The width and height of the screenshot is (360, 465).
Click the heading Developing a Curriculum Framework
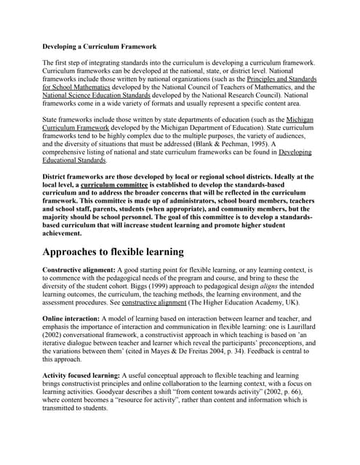(100, 46)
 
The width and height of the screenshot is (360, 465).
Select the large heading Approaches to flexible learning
(113, 252)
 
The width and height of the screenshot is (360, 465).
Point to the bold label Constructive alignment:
(84, 270)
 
